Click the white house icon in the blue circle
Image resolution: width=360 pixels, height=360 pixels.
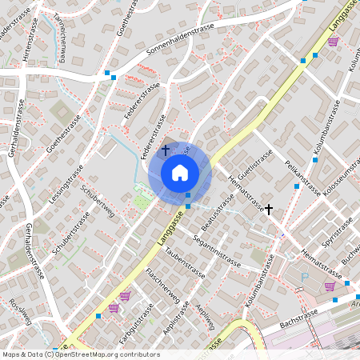pos(179,172)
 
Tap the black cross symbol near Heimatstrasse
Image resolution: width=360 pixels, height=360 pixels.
pos(269,209)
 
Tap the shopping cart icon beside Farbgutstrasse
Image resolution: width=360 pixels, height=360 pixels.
pos(125,296)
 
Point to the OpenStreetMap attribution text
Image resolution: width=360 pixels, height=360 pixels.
pos(81,354)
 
